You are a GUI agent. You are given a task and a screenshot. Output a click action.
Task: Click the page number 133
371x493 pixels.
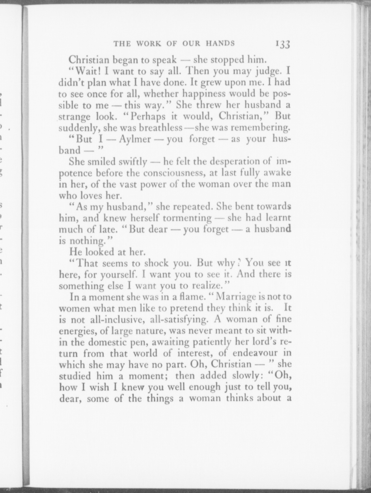[283, 44]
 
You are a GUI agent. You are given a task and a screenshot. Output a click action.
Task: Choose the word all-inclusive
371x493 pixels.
[113, 320]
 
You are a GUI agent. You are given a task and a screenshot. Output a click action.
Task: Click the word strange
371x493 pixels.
[75, 117]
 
